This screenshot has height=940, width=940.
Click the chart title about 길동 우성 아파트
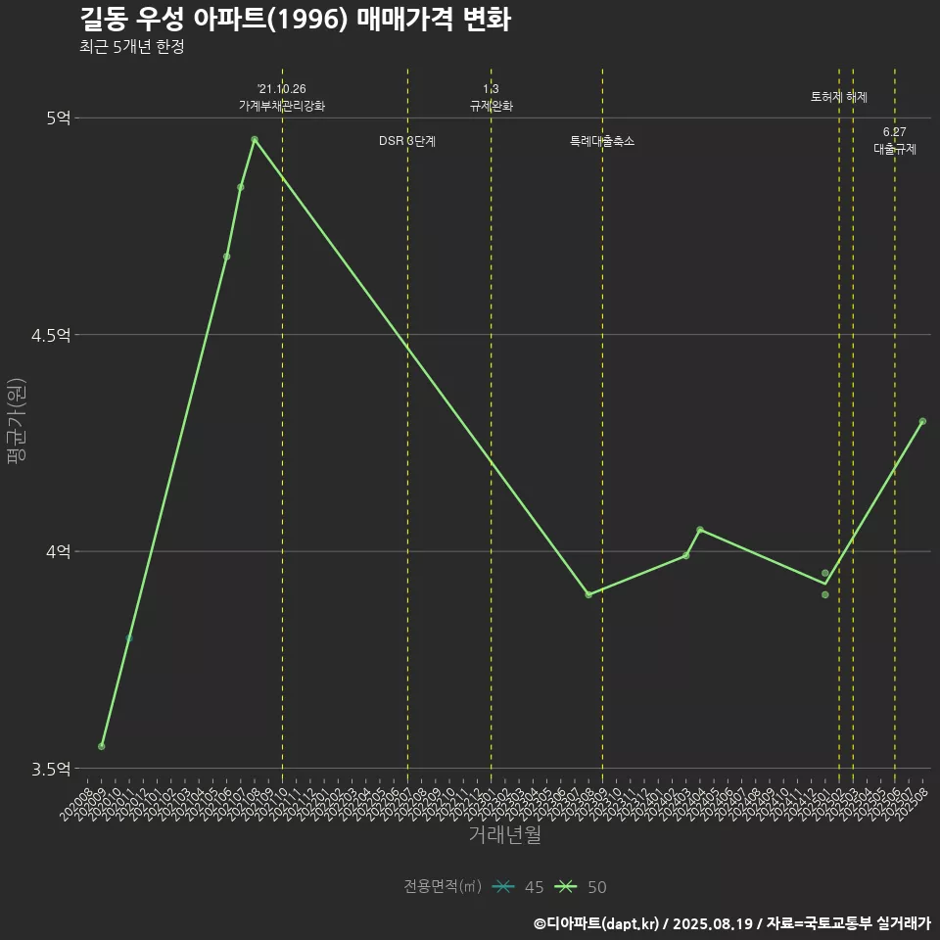pyautogui.click(x=294, y=20)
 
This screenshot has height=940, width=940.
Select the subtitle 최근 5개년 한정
pyautogui.click(x=131, y=47)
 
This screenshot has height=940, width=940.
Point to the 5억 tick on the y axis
pyautogui.click(x=58, y=117)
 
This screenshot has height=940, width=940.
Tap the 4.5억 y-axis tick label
pyautogui.click(x=51, y=335)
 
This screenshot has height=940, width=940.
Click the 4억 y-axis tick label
pyautogui.click(x=58, y=552)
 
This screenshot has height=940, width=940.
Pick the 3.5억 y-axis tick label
pyautogui.click(x=51, y=770)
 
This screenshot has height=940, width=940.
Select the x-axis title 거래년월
pyautogui.click(x=504, y=834)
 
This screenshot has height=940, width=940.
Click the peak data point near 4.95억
pyautogui.click(x=255, y=139)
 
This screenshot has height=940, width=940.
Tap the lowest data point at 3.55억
pyautogui.click(x=102, y=747)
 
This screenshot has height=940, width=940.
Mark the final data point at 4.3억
pyautogui.click(x=922, y=421)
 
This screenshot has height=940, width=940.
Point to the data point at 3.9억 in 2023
pyautogui.click(x=588, y=595)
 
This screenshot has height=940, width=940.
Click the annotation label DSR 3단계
pyautogui.click(x=407, y=141)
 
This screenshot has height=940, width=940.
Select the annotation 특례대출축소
pyautogui.click(x=602, y=141)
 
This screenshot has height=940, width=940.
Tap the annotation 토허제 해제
pyautogui.click(x=839, y=97)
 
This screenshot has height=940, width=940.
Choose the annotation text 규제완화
pyautogui.click(x=492, y=106)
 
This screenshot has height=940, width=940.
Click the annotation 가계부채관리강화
pyautogui.click(x=282, y=106)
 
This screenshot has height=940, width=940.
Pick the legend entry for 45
pyautogui.click(x=519, y=887)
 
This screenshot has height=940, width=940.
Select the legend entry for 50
pyautogui.click(x=582, y=887)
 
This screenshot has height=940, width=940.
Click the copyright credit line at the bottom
pyautogui.click(x=731, y=922)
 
